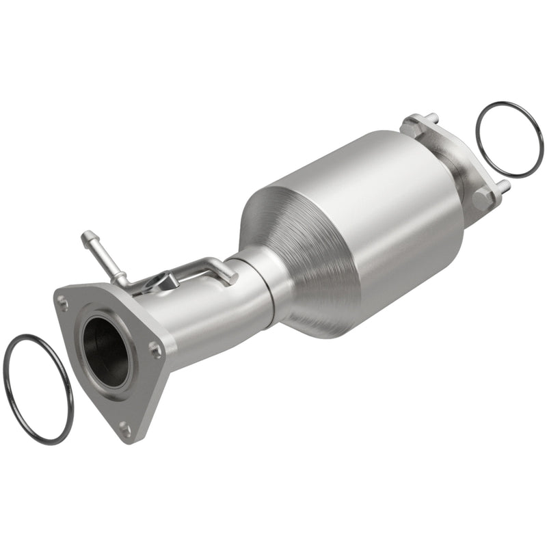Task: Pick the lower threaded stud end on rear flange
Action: pyautogui.click(x=504, y=185)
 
